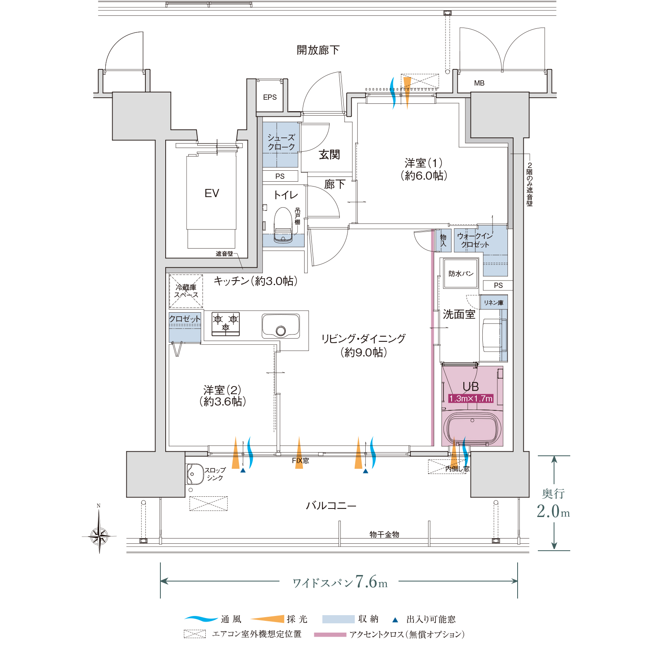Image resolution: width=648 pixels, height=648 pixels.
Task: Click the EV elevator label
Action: click(212, 193)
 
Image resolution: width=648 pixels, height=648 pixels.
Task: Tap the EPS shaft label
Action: click(270, 97)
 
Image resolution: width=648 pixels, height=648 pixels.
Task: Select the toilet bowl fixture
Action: click(283, 225)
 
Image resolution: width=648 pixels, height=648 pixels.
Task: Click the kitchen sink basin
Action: click(281, 326)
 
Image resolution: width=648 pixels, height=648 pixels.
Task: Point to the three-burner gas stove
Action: click(226, 324)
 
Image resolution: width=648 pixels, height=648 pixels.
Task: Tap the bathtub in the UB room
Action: click(472, 429)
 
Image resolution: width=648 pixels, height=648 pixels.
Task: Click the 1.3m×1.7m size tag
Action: click(471, 399)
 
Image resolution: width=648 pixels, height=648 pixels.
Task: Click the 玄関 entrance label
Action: click(329, 154)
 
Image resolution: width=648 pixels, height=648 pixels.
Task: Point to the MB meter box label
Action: click(479, 83)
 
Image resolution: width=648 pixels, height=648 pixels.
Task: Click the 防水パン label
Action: click(461, 274)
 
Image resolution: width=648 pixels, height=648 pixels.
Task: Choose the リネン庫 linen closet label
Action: click(494, 303)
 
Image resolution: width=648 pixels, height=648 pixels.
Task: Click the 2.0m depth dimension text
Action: click(553, 511)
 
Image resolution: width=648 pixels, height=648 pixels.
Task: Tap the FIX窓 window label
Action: click(301, 461)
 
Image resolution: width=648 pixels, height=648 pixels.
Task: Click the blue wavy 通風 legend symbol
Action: click(201, 619)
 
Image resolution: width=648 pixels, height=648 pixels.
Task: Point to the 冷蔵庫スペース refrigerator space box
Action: click(186, 291)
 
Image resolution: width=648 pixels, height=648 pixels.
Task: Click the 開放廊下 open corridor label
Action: click(318, 50)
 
